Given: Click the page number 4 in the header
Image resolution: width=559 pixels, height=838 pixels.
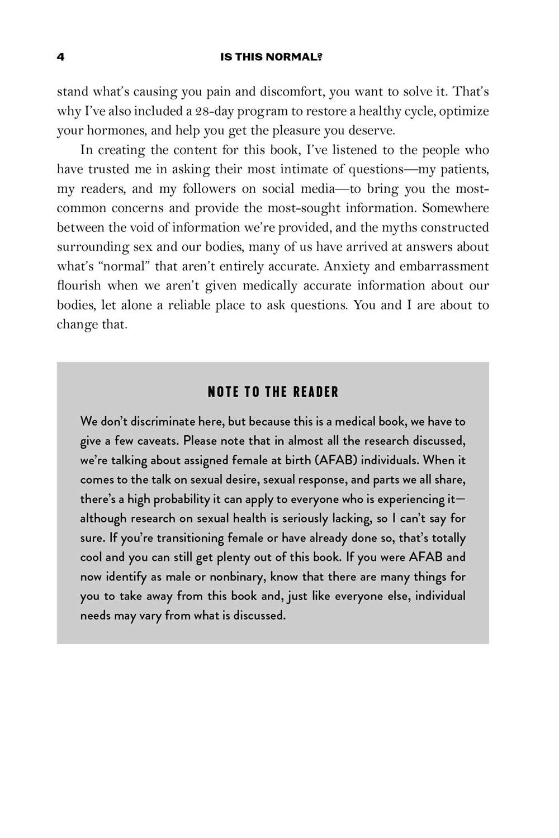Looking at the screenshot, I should pyautogui.click(x=60, y=57).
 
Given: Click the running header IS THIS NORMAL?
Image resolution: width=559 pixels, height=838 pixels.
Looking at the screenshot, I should pyautogui.click(x=272, y=57).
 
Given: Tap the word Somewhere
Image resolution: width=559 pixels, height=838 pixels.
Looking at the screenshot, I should pyautogui.click(x=456, y=208).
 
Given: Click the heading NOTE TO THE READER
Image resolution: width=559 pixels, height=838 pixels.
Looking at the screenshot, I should pyautogui.click(x=273, y=392).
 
